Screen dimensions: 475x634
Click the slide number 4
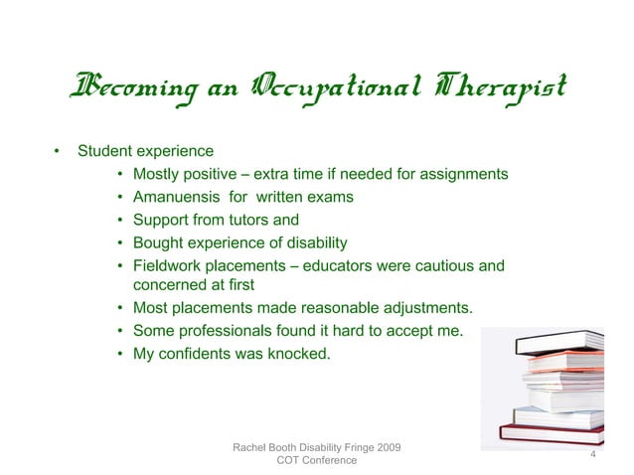click(x=592, y=454)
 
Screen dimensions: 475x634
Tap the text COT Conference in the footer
click(x=316, y=461)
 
